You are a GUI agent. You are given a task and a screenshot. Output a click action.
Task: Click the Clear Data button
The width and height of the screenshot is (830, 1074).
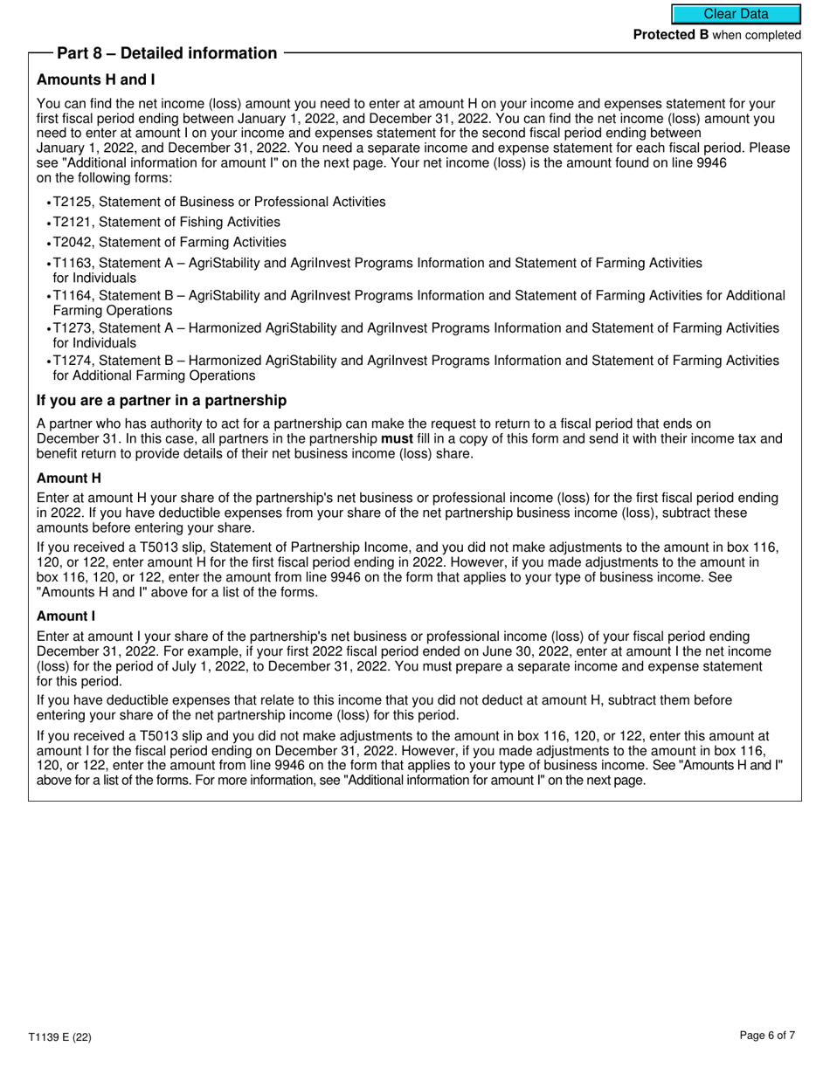[736, 14]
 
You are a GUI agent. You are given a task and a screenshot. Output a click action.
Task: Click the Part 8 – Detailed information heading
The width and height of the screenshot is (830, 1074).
[167, 53]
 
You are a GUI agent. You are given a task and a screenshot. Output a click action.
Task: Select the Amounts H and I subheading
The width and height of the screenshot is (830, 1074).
[96, 80]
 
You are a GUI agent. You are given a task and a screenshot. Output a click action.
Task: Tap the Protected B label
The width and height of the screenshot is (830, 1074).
[670, 35]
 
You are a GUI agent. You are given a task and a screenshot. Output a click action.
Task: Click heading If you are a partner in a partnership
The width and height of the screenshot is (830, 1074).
[162, 401]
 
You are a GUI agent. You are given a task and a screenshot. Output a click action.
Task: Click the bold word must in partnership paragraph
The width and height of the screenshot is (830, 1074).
[398, 439]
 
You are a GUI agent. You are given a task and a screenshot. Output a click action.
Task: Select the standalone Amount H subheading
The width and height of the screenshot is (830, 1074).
[69, 478]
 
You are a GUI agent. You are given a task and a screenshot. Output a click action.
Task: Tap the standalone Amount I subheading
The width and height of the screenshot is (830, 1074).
[66, 616]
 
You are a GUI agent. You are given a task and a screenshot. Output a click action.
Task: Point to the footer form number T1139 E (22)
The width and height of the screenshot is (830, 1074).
[59, 1037]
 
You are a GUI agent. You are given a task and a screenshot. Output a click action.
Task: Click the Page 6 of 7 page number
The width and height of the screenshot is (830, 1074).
[767, 1036]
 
